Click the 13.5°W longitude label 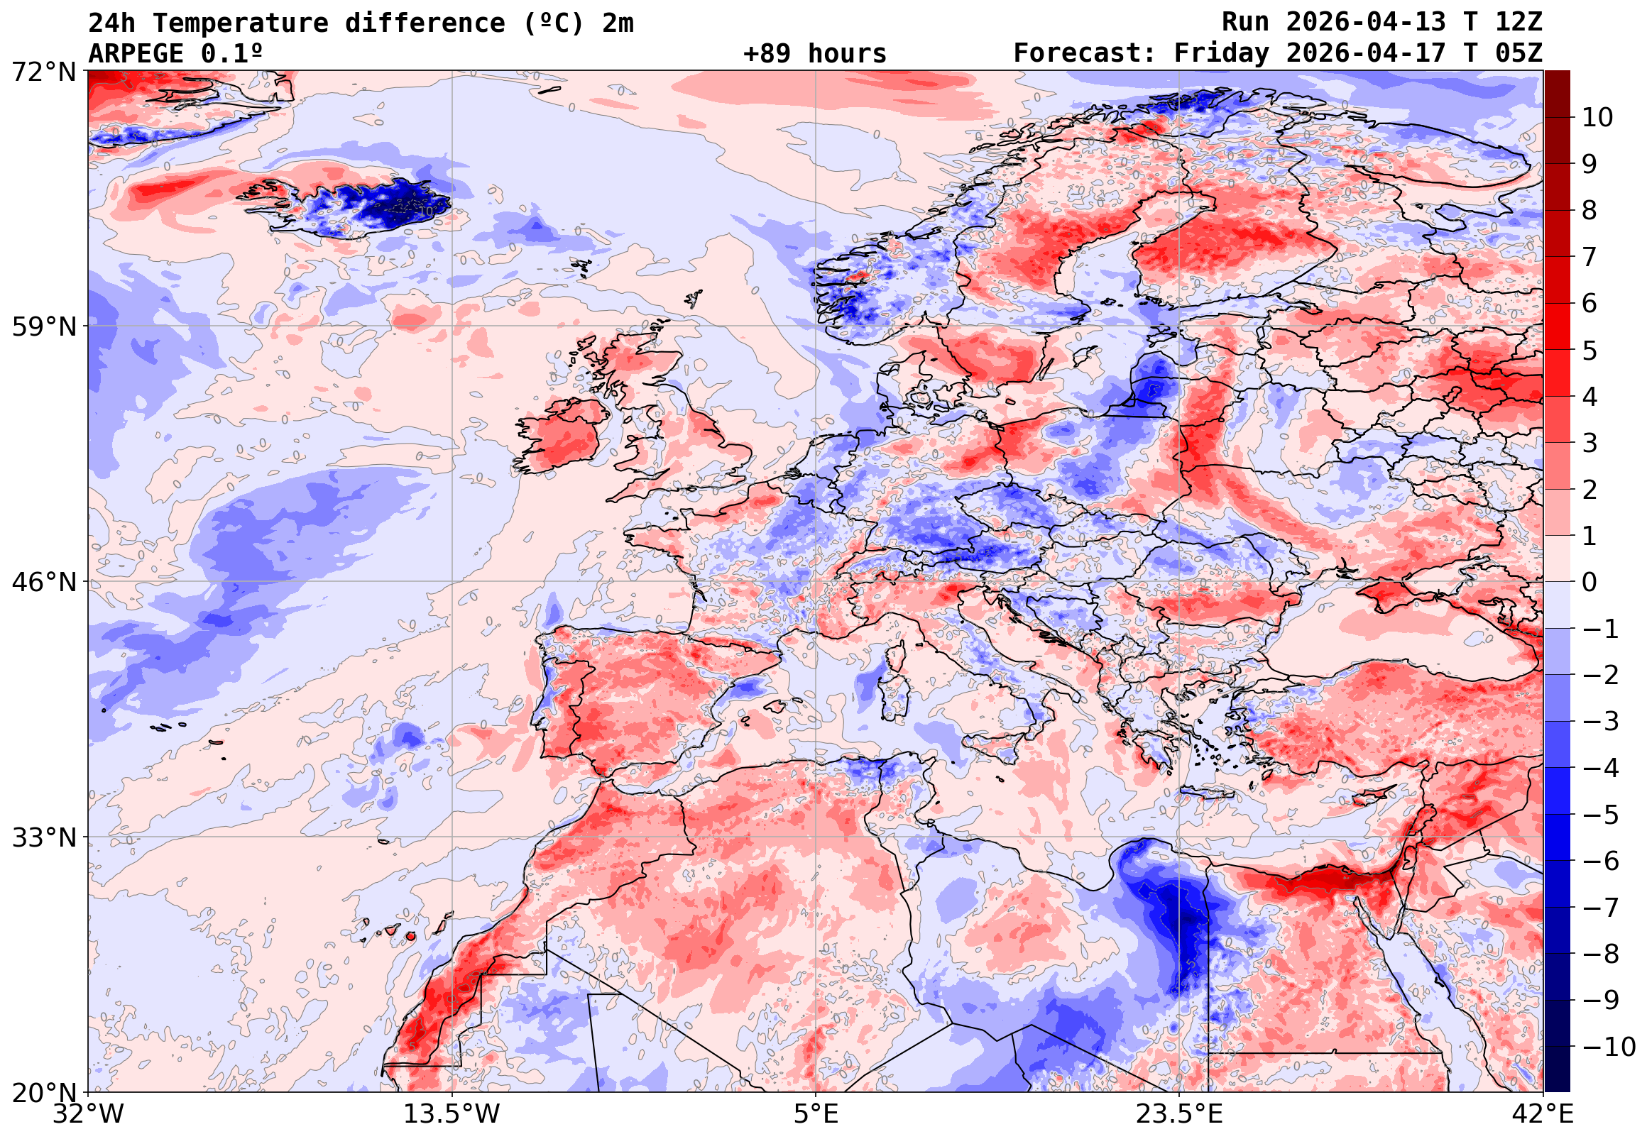coord(452,1114)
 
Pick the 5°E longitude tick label coord(816,1114)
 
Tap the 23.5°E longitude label coord(1179,1114)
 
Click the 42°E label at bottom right coord(1543,1114)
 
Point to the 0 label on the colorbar coord(1590,583)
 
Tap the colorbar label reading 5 coord(1590,351)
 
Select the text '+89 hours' coord(814,53)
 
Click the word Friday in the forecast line coord(1222,53)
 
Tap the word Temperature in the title coord(240,23)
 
